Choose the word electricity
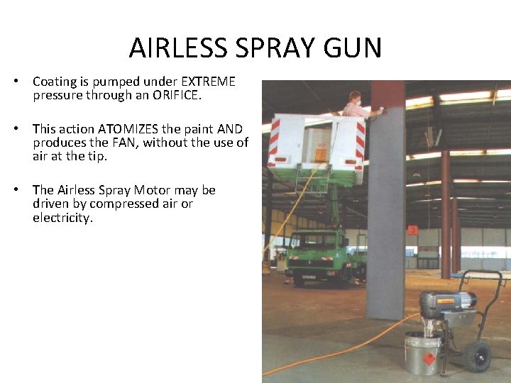coord(62,218)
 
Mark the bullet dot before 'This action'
coord(15,129)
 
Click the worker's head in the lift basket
coord(355,98)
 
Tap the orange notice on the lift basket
coord(321,152)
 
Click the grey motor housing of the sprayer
coord(447,305)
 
